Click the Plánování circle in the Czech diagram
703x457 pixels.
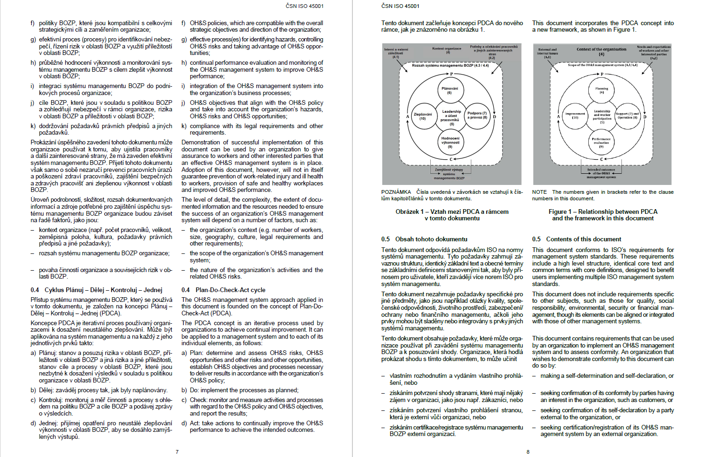point(449,90)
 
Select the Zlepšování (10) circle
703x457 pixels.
point(423,116)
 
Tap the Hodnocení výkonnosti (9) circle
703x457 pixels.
point(450,142)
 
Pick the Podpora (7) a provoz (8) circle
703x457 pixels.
point(477,116)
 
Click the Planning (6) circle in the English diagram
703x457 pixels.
point(601,90)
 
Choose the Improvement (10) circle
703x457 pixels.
point(575,116)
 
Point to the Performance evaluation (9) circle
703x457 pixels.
point(601,142)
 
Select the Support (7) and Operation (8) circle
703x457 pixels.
point(627,116)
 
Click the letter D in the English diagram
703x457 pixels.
point(645,117)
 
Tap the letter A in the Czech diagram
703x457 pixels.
point(407,116)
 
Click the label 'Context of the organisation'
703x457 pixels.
point(601,49)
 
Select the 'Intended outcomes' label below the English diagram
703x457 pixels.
point(601,170)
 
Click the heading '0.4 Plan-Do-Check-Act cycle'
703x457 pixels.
point(223,290)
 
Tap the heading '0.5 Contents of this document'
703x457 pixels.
point(577,239)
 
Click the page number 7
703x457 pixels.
point(177,451)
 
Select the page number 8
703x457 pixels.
point(528,451)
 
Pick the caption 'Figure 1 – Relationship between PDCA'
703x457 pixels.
point(603,211)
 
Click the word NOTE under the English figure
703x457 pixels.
point(539,192)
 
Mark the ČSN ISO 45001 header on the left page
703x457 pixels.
point(304,6)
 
